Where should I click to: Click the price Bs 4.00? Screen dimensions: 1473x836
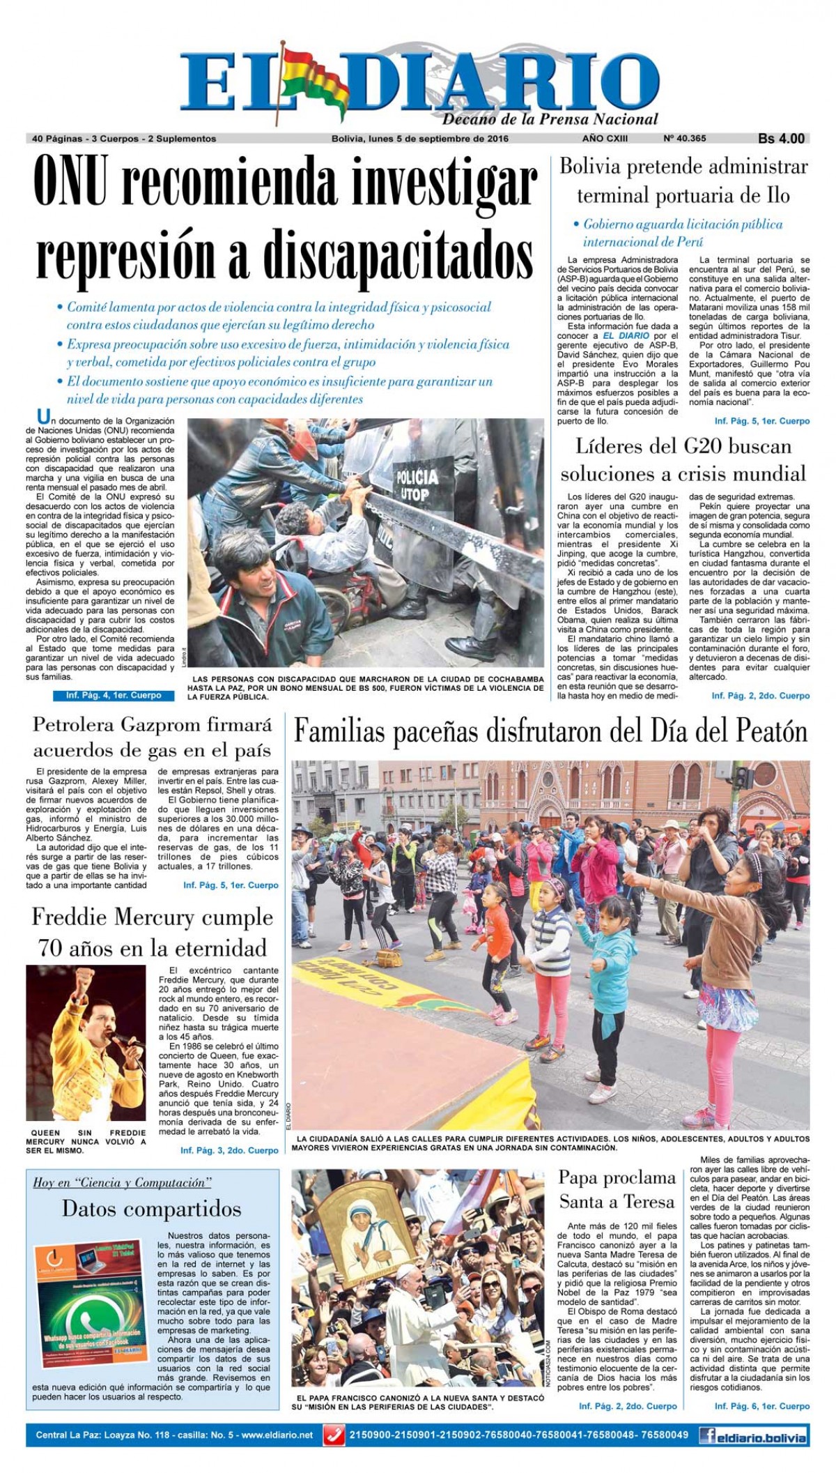[x=781, y=139]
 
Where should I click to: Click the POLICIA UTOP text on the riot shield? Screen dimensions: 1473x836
[x=417, y=484]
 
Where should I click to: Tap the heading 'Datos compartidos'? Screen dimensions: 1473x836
[x=151, y=1208]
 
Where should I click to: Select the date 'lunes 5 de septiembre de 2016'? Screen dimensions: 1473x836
[x=442, y=139]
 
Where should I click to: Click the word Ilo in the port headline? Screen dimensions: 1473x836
[x=775, y=196]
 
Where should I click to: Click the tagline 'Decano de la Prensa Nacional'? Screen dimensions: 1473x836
[x=550, y=119]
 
